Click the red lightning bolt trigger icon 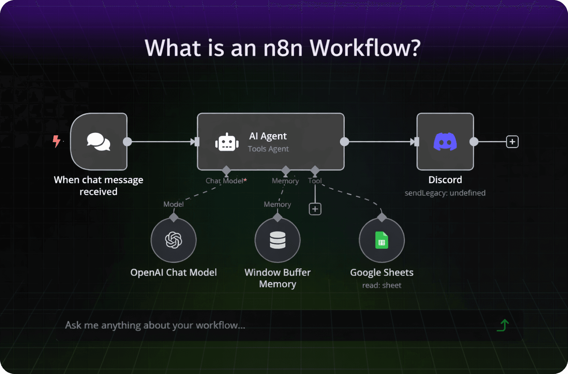point(56,141)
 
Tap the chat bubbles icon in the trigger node point(99,142)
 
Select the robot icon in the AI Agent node point(227,142)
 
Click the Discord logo point(445,142)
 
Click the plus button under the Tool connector point(315,209)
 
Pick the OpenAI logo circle point(174,240)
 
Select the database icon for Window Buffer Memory point(278,240)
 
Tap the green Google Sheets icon point(382,240)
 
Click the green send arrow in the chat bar point(503,325)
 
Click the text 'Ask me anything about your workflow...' point(155,325)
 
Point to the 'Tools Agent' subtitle point(268,149)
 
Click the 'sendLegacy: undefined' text point(445,193)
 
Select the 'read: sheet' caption point(382,286)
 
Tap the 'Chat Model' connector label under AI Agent point(225,181)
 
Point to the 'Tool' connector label point(315,181)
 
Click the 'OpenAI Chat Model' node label point(174,273)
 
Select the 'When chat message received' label point(99,186)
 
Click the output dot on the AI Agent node point(344,142)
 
